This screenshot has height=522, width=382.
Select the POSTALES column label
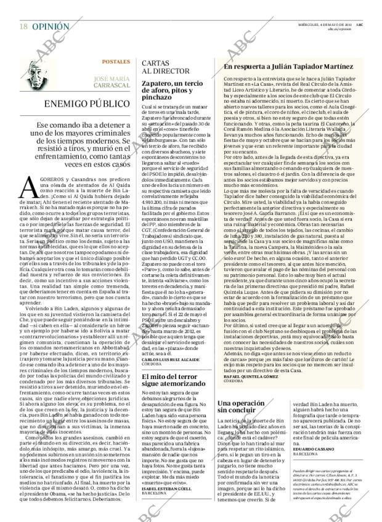(116, 63)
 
